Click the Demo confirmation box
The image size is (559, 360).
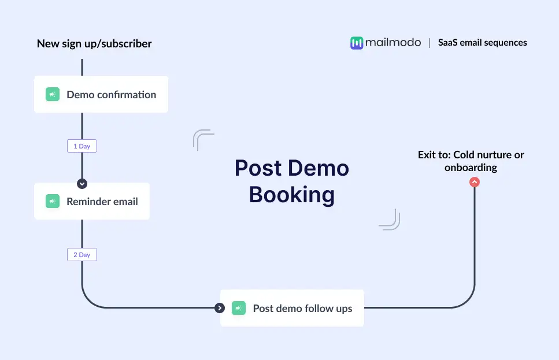click(101, 94)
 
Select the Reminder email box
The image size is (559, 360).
click(92, 201)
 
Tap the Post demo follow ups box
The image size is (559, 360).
click(292, 308)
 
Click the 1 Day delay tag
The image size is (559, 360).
click(82, 146)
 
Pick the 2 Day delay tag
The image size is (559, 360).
click(82, 254)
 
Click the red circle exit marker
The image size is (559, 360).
click(475, 182)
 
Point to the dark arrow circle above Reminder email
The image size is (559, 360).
click(82, 184)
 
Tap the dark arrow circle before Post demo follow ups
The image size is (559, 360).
click(220, 308)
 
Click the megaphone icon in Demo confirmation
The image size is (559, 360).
click(53, 94)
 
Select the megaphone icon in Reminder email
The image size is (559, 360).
click(53, 201)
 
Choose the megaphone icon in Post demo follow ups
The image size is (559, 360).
click(239, 308)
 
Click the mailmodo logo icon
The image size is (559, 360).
click(357, 43)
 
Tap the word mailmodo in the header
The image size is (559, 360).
click(393, 42)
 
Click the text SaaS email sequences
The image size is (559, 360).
click(482, 42)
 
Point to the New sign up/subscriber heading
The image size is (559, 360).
click(94, 43)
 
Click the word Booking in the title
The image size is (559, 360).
click(292, 195)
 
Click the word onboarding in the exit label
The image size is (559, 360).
click(471, 168)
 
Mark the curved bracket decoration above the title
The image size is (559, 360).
click(203, 140)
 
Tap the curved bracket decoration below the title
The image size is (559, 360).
click(390, 220)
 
